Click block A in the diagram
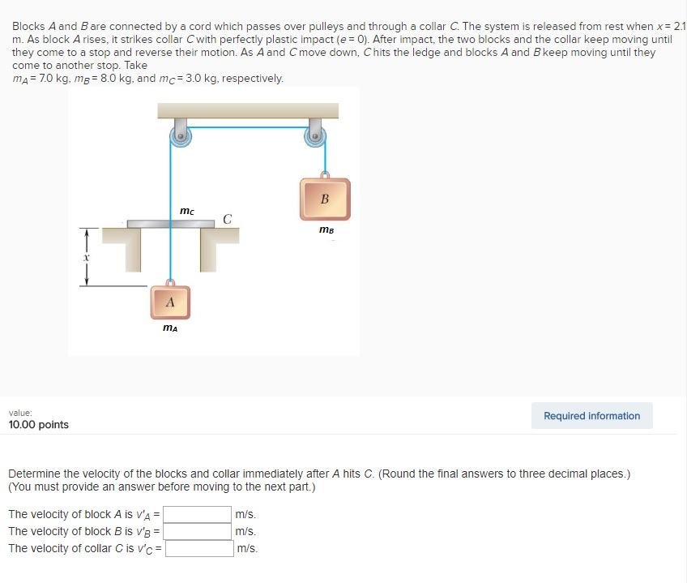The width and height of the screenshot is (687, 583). click(x=170, y=302)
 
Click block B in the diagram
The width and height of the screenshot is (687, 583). click(x=325, y=199)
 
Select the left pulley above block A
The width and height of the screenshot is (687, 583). click(x=179, y=135)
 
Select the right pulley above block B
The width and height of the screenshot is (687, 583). click(x=315, y=135)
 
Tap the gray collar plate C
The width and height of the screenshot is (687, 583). click(x=170, y=223)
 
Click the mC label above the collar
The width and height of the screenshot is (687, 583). click(x=186, y=211)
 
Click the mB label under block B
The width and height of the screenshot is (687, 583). click(x=326, y=229)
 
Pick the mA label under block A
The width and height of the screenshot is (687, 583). click(x=170, y=328)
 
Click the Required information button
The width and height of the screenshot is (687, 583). click(x=591, y=416)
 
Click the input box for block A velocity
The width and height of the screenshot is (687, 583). click(x=199, y=514)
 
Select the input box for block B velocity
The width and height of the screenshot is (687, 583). click(x=199, y=531)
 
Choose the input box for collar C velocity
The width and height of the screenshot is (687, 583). click(x=199, y=548)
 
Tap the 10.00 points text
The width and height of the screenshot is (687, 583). click(x=39, y=425)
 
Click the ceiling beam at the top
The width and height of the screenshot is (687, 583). click(x=248, y=110)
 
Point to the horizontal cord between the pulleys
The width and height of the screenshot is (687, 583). click(x=247, y=127)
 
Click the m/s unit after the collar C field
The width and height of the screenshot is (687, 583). click(x=246, y=548)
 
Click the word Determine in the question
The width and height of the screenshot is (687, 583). click(x=33, y=474)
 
